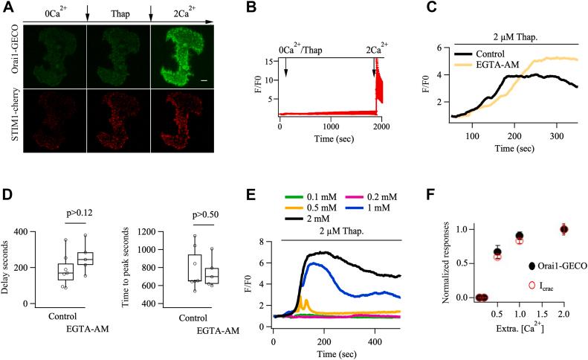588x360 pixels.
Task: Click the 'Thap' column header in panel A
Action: tap(119, 13)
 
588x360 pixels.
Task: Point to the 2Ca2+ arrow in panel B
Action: tap(375, 67)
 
